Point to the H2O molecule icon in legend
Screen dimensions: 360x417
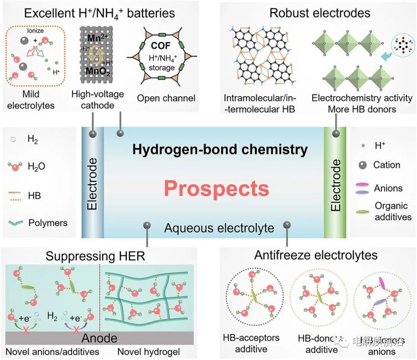[16, 167]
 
